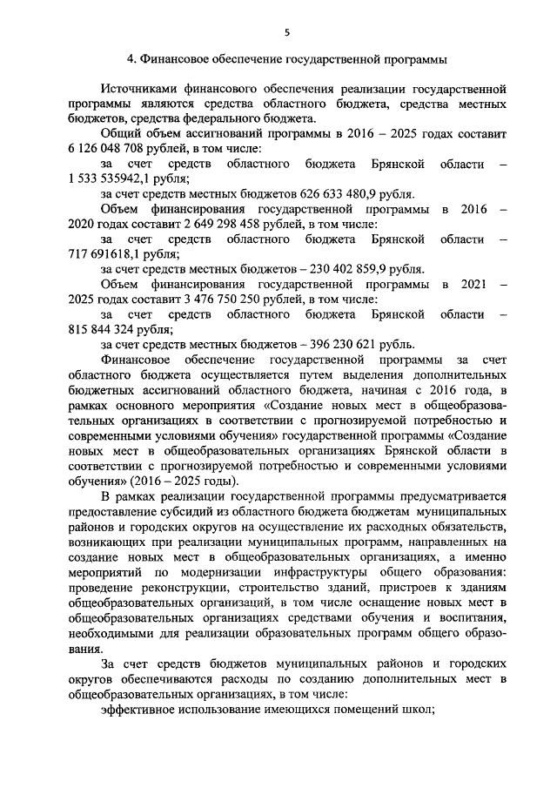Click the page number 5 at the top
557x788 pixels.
[x=286, y=32]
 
